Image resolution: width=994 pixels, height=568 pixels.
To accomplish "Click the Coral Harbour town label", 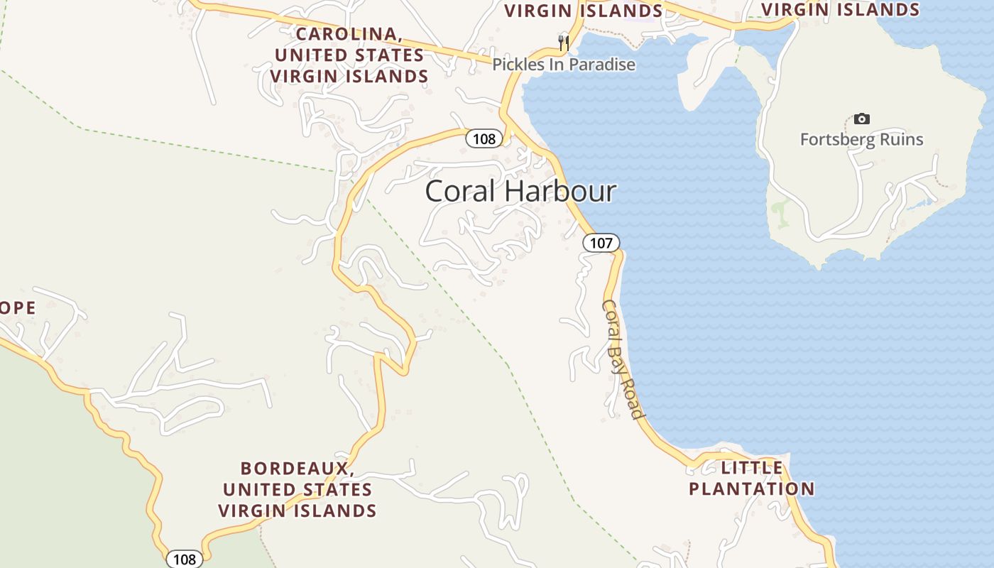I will pos(520,192).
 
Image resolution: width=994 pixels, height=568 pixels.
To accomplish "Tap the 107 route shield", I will pos(601,243).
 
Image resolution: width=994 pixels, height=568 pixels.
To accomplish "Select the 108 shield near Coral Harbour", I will pos(484,138).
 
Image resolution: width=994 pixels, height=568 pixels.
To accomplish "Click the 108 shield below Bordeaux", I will pos(184,559).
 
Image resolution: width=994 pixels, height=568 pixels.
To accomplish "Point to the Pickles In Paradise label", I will pos(564,65).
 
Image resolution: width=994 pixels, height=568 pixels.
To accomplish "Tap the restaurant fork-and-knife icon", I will pos(564,43).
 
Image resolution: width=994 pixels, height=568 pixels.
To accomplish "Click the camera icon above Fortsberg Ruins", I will pos(861,119).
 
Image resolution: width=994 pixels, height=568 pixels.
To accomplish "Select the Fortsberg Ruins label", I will pos(861,139).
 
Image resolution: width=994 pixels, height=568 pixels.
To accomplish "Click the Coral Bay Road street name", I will pos(623,359).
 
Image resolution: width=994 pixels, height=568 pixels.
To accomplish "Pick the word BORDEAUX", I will pos(297,469).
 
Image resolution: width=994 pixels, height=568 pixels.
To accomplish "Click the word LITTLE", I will pos(752,468).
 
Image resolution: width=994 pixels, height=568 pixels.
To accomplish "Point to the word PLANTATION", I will pos(751,489).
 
